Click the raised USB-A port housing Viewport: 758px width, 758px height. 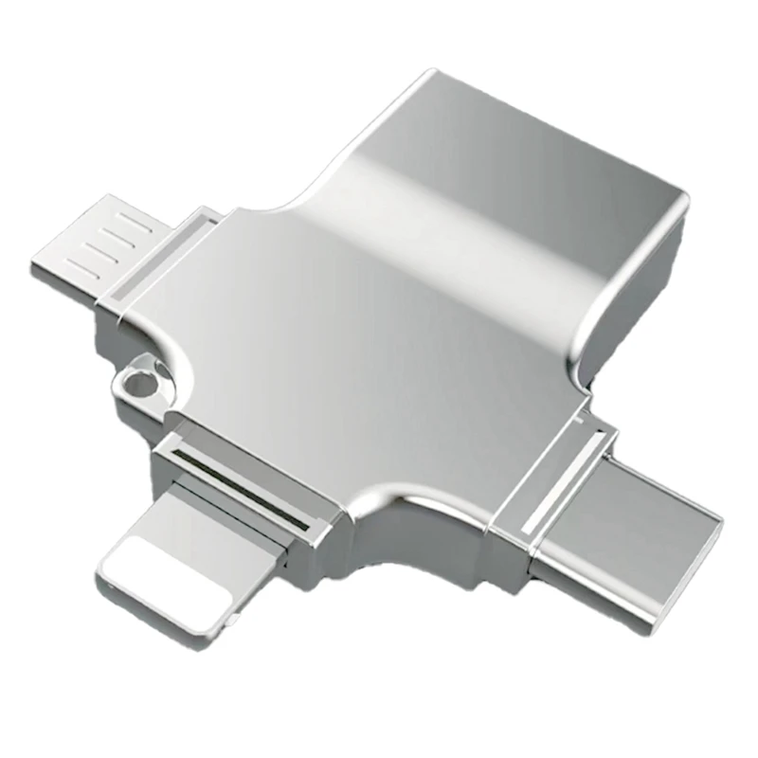(531, 189)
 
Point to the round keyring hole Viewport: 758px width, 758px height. (141, 384)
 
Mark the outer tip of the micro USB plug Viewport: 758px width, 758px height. (43, 270)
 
